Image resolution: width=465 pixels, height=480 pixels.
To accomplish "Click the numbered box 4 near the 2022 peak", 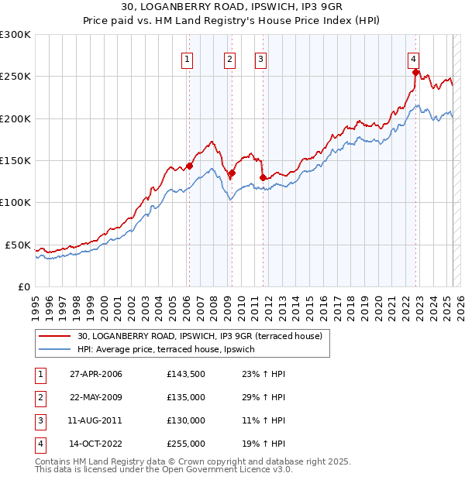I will click(x=414, y=58).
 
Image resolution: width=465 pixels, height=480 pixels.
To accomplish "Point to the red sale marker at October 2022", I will click(x=416, y=74).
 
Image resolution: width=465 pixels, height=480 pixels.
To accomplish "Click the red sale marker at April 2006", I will click(x=189, y=166).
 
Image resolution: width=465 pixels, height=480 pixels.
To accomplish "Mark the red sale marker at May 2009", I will click(x=232, y=173).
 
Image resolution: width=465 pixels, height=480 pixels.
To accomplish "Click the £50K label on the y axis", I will click(x=19, y=245).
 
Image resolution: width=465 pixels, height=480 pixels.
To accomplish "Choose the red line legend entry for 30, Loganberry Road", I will click(x=205, y=336).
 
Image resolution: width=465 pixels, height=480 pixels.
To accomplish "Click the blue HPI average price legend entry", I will click(x=177, y=350).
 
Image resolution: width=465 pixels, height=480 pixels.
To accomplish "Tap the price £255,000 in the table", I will click(x=186, y=444).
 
